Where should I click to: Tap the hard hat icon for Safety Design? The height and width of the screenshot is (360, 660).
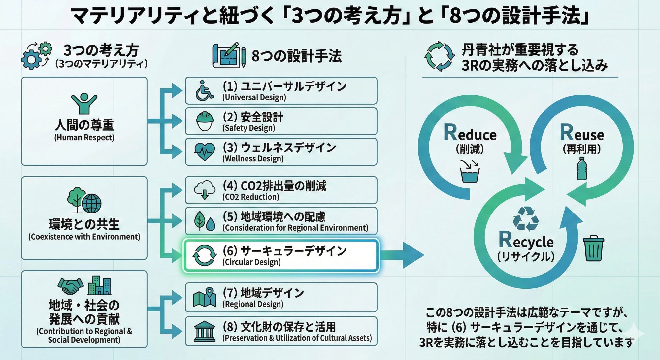[x=205, y=121]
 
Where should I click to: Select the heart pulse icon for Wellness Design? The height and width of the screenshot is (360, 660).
[x=205, y=152]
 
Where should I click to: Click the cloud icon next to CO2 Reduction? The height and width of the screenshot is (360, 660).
[x=205, y=190]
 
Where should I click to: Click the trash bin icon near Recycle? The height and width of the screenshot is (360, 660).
[x=593, y=248]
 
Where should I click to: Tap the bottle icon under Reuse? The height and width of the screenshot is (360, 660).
[x=582, y=169]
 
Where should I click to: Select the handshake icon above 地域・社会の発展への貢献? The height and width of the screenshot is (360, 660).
[x=70, y=286]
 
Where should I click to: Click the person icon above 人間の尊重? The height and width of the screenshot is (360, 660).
[x=84, y=103]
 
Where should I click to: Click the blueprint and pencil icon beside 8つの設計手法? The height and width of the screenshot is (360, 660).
[x=228, y=55]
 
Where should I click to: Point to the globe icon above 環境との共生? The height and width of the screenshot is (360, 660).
[x=91, y=203]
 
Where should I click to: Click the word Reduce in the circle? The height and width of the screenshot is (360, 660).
[x=470, y=133]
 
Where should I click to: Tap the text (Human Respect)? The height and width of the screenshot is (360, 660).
[x=84, y=138]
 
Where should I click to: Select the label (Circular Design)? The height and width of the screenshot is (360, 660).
[x=251, y=262]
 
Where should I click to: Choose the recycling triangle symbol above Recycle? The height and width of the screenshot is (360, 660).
[x=526, y=218]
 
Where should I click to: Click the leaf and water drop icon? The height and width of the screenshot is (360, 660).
[x=205, y=221]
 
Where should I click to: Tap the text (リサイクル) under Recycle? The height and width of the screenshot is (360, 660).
[x=526, y=256]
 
